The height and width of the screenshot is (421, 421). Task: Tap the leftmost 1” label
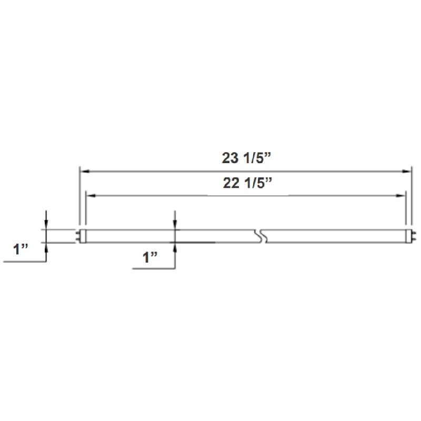pos(22,249)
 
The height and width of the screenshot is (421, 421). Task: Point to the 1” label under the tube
pos(151,257)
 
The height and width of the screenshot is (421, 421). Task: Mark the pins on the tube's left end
pos(78,236)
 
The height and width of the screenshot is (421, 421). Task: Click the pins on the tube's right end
pos(413,236)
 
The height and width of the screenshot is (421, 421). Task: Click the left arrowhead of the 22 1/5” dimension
pos(90,196)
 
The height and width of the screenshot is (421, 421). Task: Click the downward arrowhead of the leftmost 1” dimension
pos(47,225)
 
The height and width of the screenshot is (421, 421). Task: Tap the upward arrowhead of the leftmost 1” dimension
pos(47,247)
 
